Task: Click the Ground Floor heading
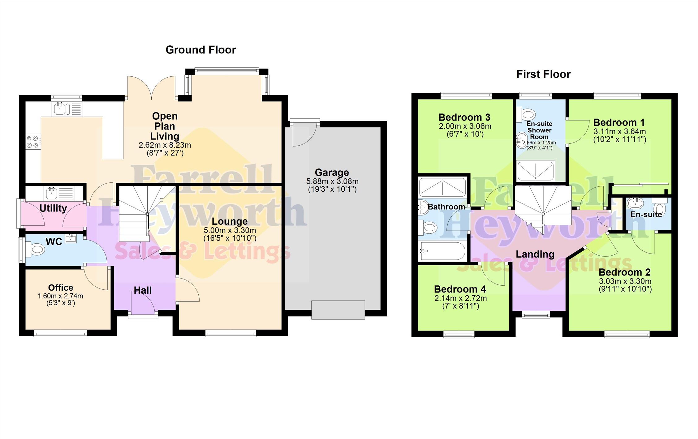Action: tap(201, 50)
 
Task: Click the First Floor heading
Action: tap(543, 74)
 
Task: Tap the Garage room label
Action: tap(332, 172)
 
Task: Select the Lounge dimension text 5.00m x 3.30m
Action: tap(230, 230)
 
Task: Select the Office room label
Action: tap(61, 288)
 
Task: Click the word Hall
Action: tap(143, 290)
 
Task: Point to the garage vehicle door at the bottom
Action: tap(338, 310)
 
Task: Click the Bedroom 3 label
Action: tap(464, 117)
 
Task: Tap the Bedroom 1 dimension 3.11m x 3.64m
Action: tap(619, 131)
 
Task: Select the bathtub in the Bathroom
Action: tap(442, 251)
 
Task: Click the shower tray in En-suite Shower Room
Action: tap(536, 171)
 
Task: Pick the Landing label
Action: tap(535, 254)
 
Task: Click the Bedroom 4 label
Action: tap(460, 289)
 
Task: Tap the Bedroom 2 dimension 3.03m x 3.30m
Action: tap(625, 281)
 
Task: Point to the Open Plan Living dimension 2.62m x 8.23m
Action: tap(165, 145)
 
